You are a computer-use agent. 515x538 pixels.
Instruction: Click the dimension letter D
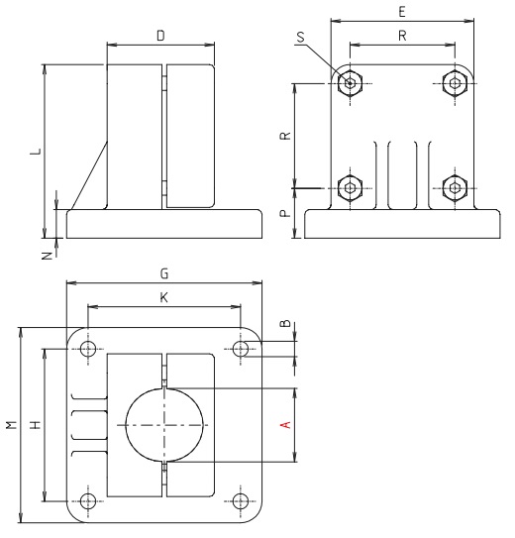coord(159,36)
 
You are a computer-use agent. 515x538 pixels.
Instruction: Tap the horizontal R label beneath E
coord(400,36)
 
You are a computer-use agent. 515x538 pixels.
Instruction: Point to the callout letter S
coord(301,37)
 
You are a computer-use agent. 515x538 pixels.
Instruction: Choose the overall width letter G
coord(164,272)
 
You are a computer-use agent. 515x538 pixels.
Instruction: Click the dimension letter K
coord(164,296)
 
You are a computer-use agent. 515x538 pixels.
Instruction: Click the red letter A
coord(285,424)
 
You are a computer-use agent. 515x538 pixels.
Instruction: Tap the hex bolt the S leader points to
coord(348,82)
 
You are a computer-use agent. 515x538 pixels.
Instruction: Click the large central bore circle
coord(165,424)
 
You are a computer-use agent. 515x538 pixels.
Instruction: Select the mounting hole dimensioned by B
coord(241,349)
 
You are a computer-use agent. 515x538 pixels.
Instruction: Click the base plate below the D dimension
coord(164,224)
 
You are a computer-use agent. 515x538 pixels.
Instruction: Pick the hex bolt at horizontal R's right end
coord(454,82)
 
